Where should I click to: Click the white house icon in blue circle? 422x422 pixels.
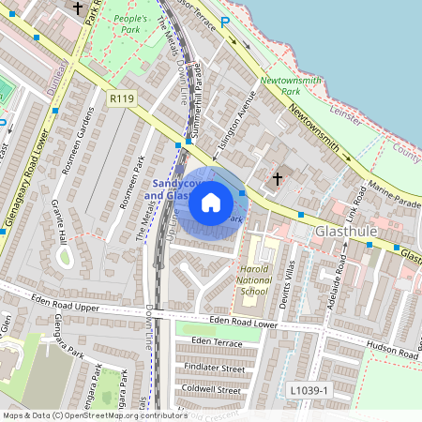211,203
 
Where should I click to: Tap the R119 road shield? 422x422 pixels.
121,98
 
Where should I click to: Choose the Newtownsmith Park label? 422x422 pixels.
291,86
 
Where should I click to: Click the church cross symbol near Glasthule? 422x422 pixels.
278,177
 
